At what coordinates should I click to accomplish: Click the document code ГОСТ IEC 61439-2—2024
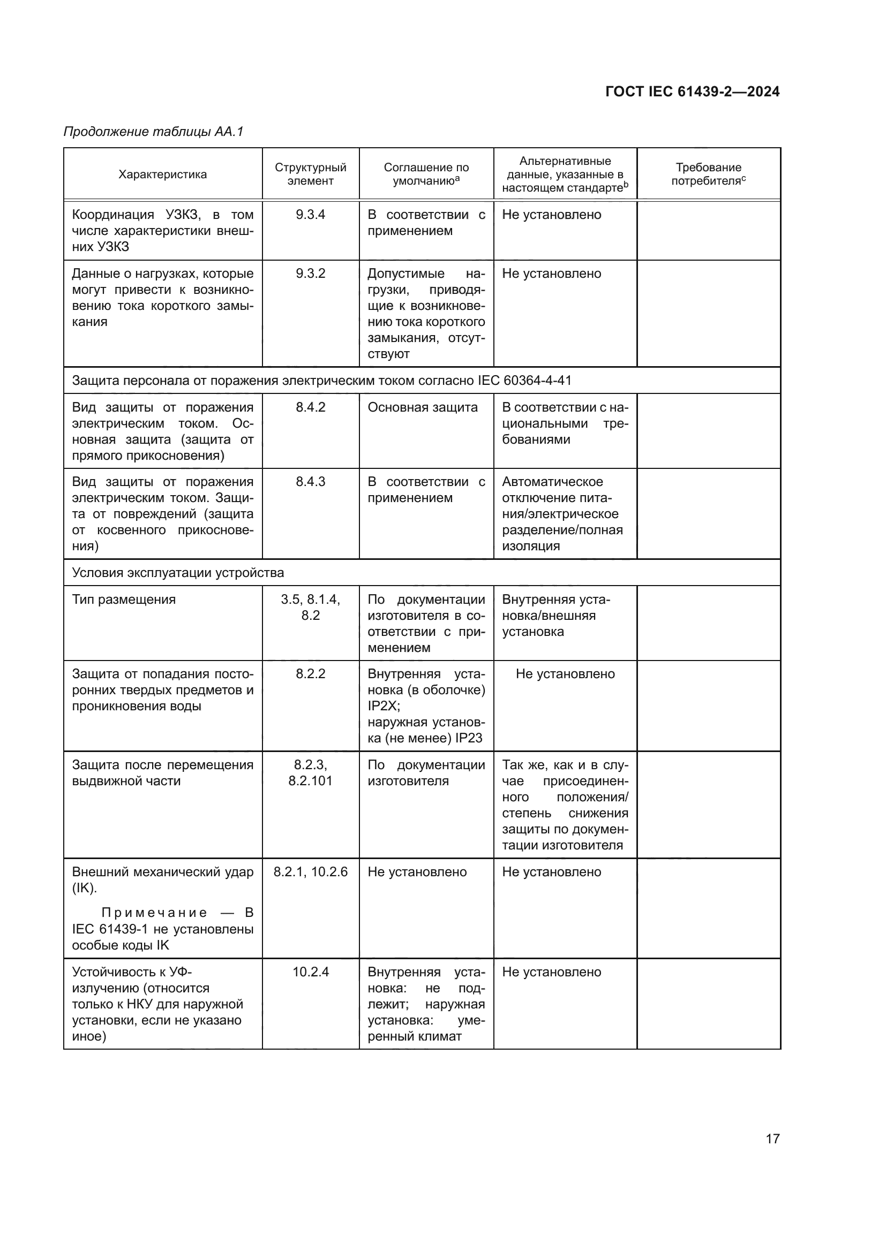point(692,92)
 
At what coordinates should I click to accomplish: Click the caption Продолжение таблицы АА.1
point(153,132)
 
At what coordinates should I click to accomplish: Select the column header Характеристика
point(163,174)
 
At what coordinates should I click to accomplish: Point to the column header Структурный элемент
point(311,174)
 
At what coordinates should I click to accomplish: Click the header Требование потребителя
point(708,174)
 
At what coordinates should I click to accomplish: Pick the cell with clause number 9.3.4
point(311,215)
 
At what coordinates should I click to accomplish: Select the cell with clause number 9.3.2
point(311,274)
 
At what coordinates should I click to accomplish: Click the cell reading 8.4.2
point(311,407)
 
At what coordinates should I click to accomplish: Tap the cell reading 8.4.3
point(311,482)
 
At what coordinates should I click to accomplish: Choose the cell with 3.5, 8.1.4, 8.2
point(311,608)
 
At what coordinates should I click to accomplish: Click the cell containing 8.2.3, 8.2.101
point(311,773)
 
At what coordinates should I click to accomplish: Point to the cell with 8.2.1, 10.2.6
point(311,872)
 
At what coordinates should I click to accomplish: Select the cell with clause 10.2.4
point(311,972)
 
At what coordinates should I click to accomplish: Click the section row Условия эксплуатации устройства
point(178,573)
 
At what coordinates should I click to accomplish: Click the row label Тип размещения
point(124,600)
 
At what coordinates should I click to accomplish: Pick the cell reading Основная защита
point(422,407)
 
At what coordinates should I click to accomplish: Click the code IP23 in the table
point(469,738)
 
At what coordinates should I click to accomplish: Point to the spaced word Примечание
point(154,913)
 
